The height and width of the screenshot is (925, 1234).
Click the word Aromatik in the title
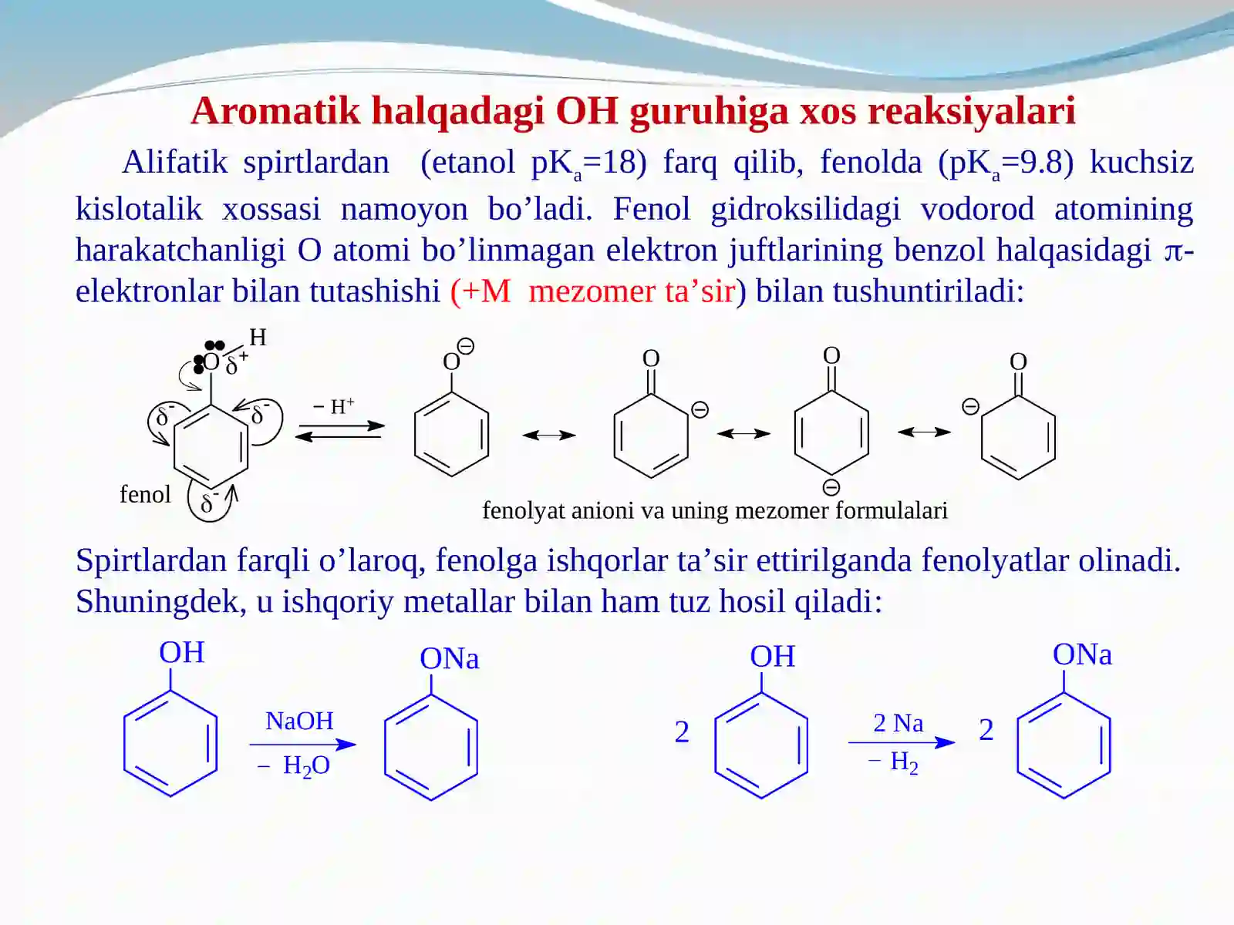click(x=275, y=111)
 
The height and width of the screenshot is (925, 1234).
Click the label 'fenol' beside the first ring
click(x=145, y=494)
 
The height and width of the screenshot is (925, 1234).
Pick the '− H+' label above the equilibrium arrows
click(x=334, y=405)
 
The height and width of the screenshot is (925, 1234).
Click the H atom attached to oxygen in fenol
click(x=258, y=338)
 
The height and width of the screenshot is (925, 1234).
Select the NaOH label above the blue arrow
click(x=300, y=721)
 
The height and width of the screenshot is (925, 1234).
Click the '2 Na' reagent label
click(x=898, y=723)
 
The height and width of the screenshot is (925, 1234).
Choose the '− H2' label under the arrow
click(x=893, y=762)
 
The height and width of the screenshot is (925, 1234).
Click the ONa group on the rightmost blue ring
click(x=1082, y=655)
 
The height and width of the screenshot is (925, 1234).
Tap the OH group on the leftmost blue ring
click(x=181, y=653)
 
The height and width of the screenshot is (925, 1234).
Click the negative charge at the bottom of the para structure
click(x=831, y=487)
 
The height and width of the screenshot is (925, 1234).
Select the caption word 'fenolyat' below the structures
click(x=524, y=511)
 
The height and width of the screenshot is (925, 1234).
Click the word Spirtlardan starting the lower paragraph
click(x=150, y=560)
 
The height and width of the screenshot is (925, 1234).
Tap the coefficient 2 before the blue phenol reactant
click(x=681, y=732)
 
